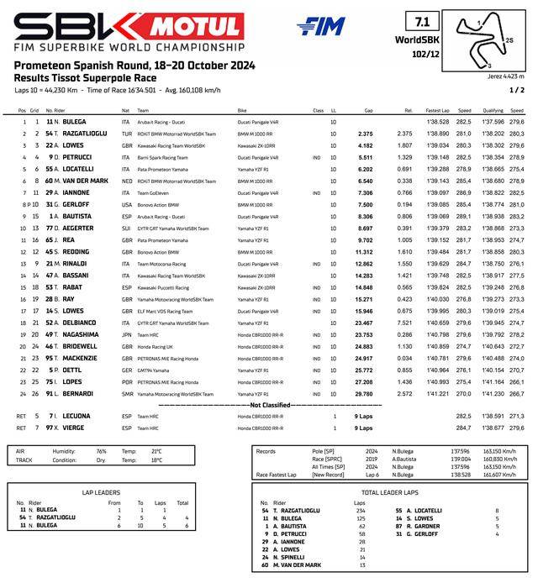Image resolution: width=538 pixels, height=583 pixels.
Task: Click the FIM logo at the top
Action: (x=320, y=26)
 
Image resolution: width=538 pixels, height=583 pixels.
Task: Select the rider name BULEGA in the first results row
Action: (x=74, y=122)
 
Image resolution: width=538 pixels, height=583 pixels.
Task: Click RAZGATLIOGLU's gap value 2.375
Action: (x=365, y=134)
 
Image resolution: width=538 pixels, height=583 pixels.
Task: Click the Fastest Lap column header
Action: (x=437, y=110)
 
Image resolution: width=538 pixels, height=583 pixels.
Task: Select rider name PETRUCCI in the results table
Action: (x=77, y=157)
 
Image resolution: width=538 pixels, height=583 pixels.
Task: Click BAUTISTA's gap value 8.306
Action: (x=365, y=216)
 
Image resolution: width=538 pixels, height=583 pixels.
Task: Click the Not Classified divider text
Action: (x=269, y=404)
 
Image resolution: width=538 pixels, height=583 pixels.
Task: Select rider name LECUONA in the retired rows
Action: (x=76, y=416)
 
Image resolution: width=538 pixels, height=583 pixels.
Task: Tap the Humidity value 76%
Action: (x=102, y=451)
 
